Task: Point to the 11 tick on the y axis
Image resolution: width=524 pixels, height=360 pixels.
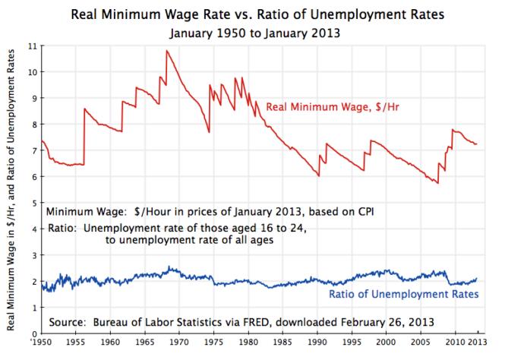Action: click(x=31, y=46)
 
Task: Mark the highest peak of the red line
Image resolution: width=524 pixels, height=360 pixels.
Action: click(x=166, y=51)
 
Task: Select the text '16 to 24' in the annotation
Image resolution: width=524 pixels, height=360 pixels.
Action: click(x=276, y=228)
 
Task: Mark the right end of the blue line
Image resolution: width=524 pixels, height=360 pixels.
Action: click(x=477, y=279)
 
